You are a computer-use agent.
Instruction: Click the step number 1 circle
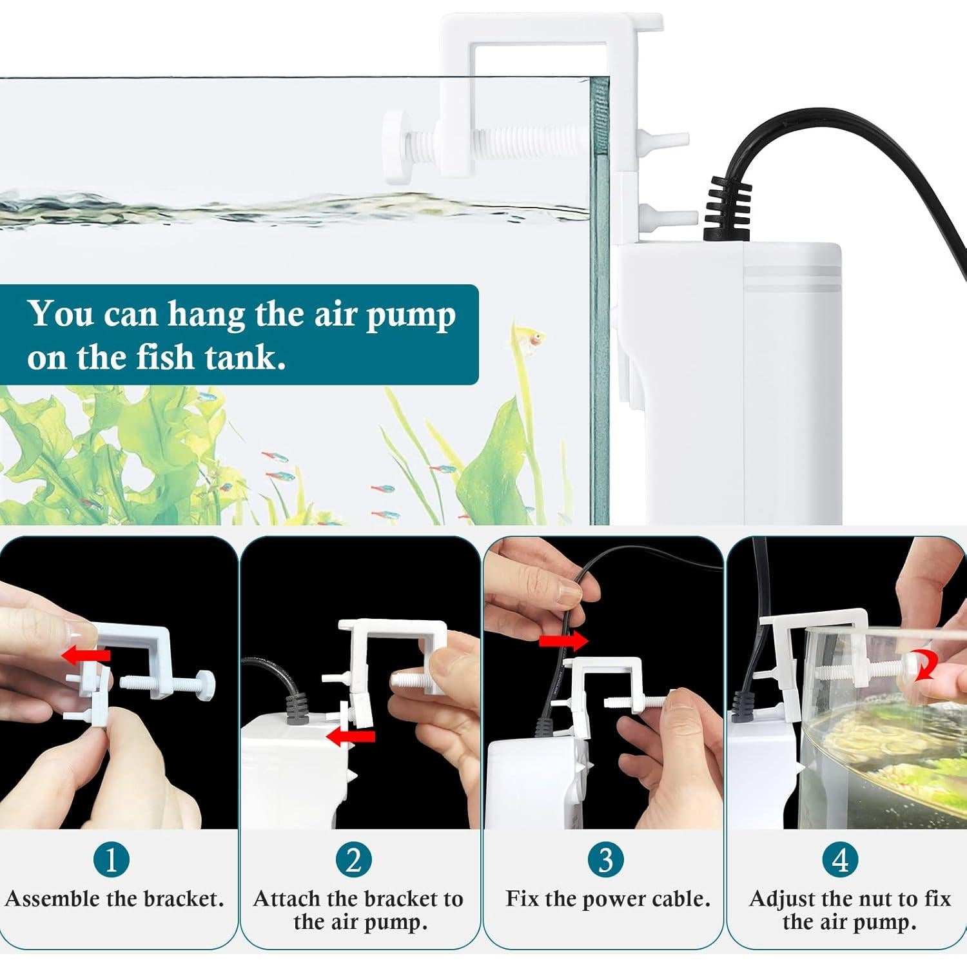[111, 859]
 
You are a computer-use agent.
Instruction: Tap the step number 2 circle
[353, 859]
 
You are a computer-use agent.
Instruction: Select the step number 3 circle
[605, 859]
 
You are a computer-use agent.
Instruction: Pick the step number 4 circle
[840, 859]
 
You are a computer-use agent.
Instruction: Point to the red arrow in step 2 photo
[350, 737]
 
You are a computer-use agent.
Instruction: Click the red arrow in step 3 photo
[563, 641]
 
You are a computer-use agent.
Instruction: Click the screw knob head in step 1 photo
[208, 683]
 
